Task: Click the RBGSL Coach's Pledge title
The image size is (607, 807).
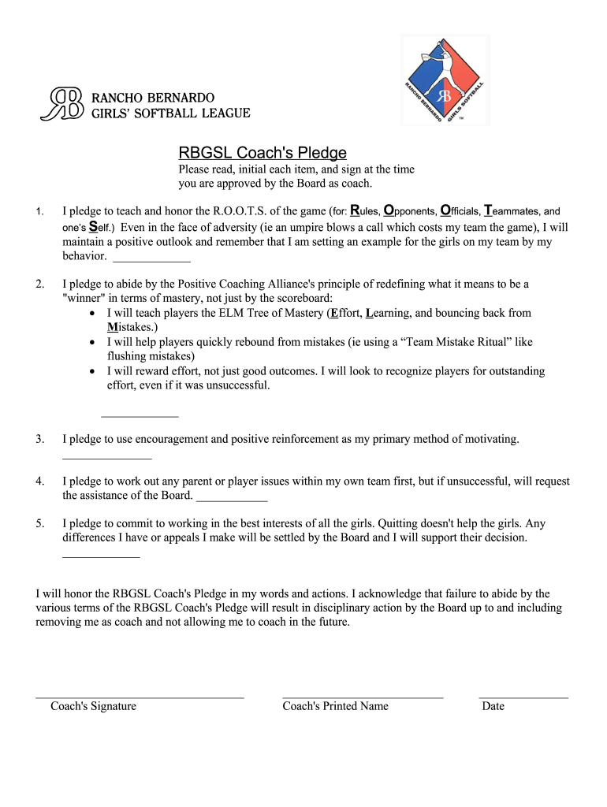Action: coord(262,153)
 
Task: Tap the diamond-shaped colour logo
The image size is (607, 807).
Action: coord(445,80)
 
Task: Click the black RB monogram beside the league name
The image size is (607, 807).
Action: coord(61,104)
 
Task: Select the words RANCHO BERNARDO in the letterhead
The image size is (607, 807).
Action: coord(154,97)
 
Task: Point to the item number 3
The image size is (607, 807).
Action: coord(39,439)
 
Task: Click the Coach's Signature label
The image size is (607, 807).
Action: coord(93,706)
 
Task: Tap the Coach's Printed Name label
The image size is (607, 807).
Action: coord(335,706)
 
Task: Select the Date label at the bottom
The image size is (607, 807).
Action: coord(493,706)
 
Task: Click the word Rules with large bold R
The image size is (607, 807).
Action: coord(364,211)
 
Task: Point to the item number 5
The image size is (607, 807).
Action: coord(39,523)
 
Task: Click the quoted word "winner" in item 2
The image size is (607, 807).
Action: coord(84,298)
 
